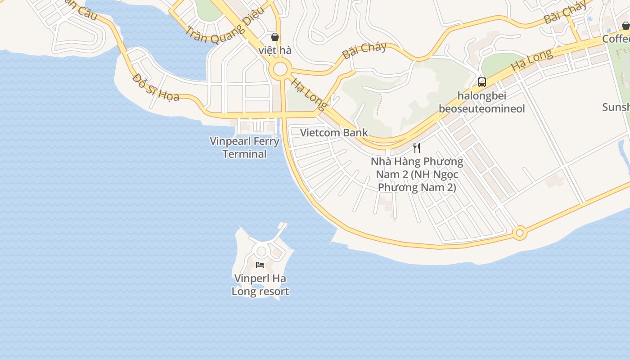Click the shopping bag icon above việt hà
click(274, 37)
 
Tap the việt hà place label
click(275, 50)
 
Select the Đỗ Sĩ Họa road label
click(156, 87)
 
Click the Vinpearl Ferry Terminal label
click(245, 148)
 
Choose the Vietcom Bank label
click(334, 133)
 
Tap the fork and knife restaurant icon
click(417, 148)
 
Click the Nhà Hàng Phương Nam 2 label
click(417, 174)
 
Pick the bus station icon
click(482, 82)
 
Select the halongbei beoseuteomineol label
click(482, 102)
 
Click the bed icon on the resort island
click(260, 265)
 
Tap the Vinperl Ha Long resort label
click(260, 285)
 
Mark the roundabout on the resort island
click(261, 251)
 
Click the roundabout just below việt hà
click(280, 69)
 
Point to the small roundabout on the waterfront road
click(520, 233)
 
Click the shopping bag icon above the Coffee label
click(625, 26)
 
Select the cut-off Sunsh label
click(616, 107)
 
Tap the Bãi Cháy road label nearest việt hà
click(364, 50)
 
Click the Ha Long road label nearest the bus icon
click(531, 59)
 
